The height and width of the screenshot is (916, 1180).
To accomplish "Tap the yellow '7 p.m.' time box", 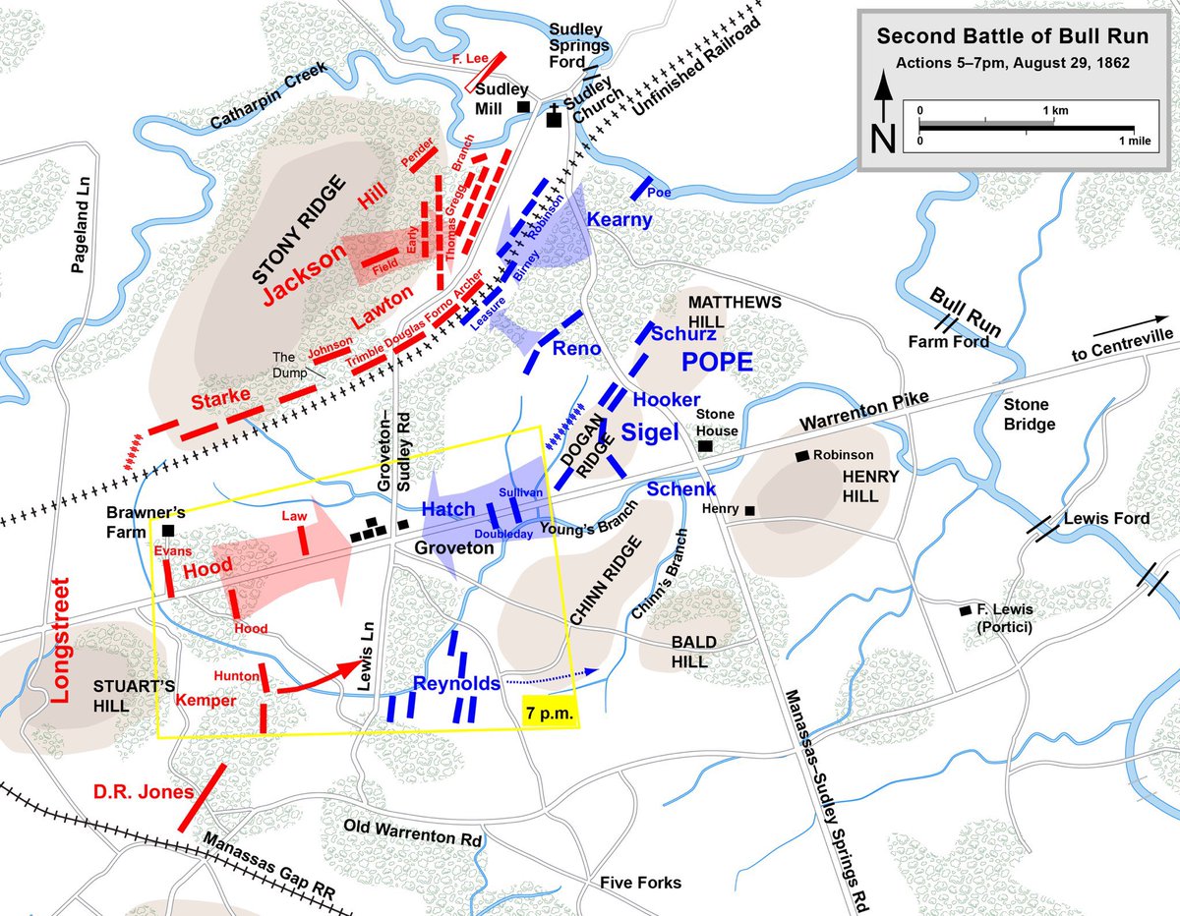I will tap(549, 711).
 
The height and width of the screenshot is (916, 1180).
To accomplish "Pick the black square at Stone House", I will tap(705, 446).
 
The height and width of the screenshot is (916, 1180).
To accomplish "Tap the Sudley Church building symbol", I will tap(554, 117).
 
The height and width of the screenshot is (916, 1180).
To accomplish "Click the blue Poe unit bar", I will tap(643, 187).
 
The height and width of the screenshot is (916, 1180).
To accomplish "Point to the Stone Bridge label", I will tap(1026, 414).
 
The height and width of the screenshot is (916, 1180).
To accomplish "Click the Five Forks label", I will tap(640, 883).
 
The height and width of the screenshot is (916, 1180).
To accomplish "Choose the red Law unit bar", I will tap(305, 540).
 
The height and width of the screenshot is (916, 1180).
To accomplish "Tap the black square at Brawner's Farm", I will tap(168, 530).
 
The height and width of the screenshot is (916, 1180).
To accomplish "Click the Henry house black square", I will tap(749, 510).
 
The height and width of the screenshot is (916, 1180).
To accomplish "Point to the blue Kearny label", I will tap(619, 220).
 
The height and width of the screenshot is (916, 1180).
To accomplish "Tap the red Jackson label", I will tap(304, 266).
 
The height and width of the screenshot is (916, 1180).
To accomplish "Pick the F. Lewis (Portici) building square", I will tap(966, 610).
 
